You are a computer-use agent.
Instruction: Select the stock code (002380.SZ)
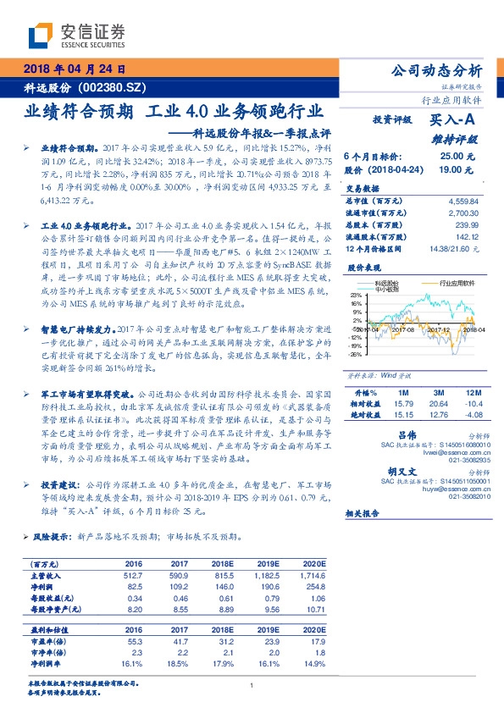113,88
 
